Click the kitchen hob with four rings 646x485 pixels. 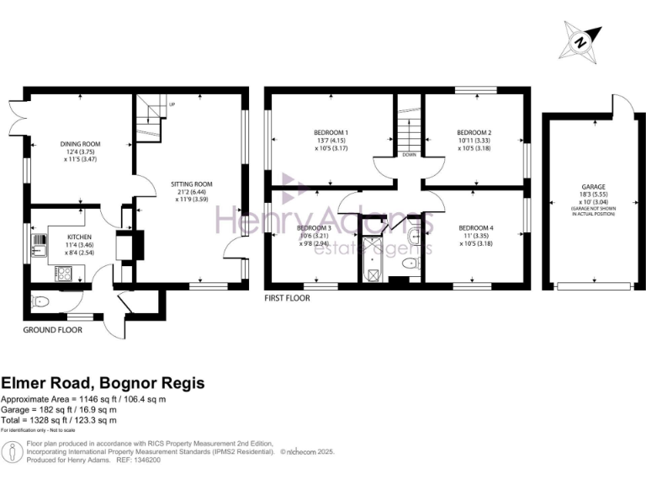pos(64,272)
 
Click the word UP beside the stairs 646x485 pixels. pos(172,104)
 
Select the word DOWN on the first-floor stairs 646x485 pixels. pos(410,155)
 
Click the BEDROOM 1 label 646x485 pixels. pos(331,133)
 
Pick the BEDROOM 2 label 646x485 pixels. pos(474,133)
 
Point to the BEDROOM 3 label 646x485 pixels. pos(313,228)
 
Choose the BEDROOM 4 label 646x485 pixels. pos(475,228)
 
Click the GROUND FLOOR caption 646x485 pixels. pos(52,330)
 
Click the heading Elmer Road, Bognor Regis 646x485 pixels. pos(102,383)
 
